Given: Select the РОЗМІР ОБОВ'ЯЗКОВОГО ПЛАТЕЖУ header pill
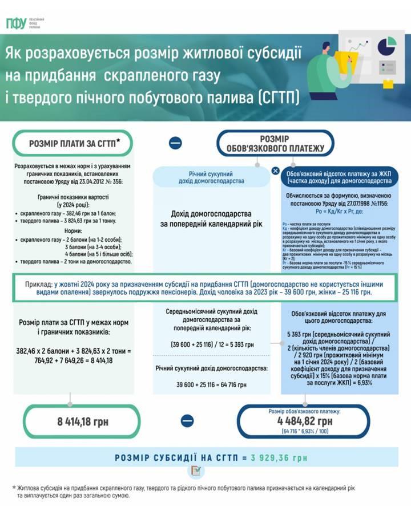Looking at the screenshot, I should (275, 144).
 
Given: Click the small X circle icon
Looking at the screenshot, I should (275, 171).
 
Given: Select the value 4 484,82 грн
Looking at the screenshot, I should (307, 421).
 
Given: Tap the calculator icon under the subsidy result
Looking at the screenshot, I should (195, 471).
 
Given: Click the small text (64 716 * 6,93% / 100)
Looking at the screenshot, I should (307, 432).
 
